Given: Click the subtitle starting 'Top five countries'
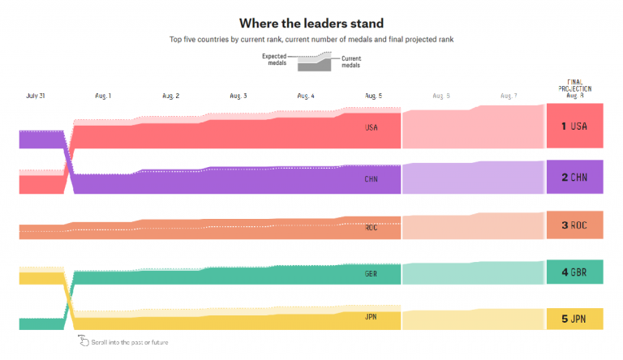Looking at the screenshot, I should point(311,40).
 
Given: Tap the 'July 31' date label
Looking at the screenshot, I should point(35,96).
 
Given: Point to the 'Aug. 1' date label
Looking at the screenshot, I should point(103,96).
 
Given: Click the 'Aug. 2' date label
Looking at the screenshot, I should point(170,96).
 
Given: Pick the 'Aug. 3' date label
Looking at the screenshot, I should point(238,96).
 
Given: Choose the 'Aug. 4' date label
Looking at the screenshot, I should point(306,96).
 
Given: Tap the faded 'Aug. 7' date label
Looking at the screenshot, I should point(508,96).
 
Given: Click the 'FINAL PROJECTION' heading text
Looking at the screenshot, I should point(574,85).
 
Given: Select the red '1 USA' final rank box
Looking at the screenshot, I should point(574,126).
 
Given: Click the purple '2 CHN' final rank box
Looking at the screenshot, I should point(574,177).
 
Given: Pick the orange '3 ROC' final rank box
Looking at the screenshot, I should point(574,225).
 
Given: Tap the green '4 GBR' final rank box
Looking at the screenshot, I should point(574,272).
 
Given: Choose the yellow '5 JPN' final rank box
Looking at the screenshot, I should point(574,319).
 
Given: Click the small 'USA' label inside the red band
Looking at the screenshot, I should point(372,127).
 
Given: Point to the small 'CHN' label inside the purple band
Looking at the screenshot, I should point(372,179).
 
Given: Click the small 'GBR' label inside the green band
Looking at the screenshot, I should point(372,274).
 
